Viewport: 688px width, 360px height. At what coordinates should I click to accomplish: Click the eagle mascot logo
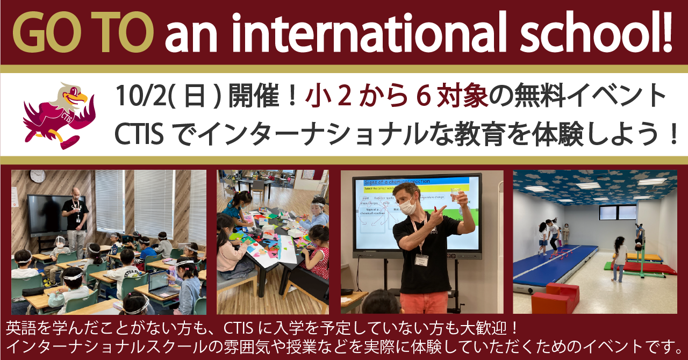[59, 114]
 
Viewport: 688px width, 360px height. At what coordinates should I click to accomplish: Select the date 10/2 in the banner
[131, 97]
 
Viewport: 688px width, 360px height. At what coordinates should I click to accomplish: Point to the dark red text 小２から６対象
[397, 97]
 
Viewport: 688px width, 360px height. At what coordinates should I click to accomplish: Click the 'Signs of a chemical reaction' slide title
[398, 182]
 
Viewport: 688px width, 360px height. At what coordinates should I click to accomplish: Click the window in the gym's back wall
[617, 213]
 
